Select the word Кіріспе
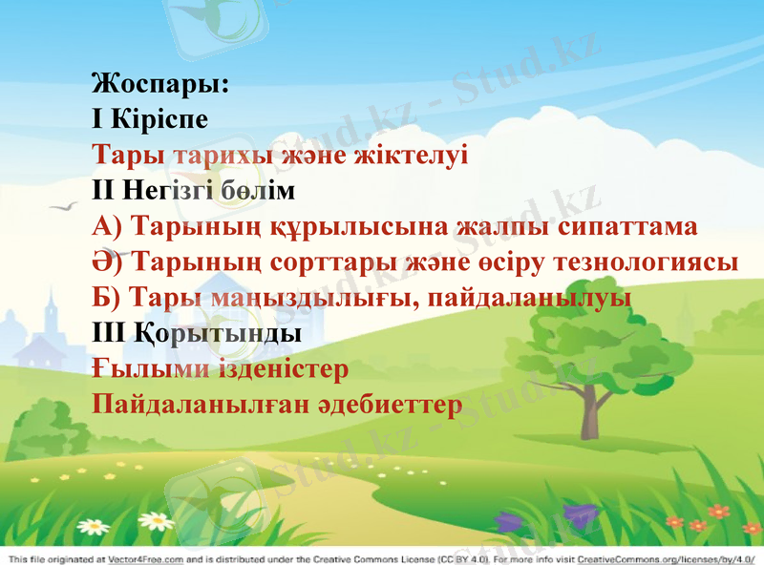[x=160, y=119]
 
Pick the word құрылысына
[x=361, y=226]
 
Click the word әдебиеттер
[x=391, y=404]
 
